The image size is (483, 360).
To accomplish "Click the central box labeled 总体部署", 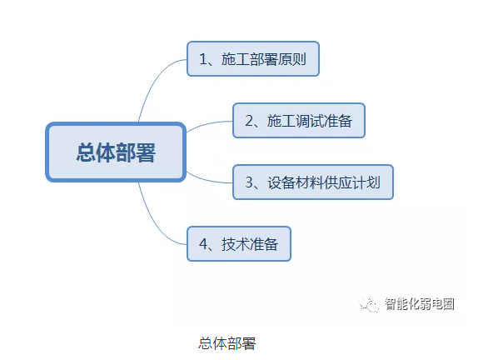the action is click(x=116, y=152).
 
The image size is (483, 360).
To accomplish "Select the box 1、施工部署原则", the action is click(x=253, y=59).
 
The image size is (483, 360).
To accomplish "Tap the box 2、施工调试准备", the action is click(x=299, y=121).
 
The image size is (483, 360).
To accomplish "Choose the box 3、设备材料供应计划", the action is click(x=313, y=182).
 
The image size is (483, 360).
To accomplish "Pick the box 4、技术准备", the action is click(x=239, y=244).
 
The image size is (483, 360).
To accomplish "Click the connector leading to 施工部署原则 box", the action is click(x=153, y=81).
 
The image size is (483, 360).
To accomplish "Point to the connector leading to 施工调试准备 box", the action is click(x=208, y=123).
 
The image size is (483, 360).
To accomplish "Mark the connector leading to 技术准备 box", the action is click(x=153, y=222).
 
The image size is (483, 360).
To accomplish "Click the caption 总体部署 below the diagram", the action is click(x=227, y=343).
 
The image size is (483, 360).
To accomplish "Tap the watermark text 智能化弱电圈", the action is click(x=419, y=304).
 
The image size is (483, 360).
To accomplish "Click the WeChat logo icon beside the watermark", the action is click(x=369, y=304).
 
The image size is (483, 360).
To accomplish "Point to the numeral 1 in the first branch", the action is click(x=202, y=59).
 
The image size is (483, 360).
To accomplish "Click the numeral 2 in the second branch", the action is click(x=249, y=121).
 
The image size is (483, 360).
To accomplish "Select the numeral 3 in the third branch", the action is click(x=249, y=182).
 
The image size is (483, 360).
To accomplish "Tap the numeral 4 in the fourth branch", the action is click(x=203, y=244).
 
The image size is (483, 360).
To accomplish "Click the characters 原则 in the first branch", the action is click(x=292, y=59).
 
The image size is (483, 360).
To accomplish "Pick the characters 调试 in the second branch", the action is click(x=310, y=121).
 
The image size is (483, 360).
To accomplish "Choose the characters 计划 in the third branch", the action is click(x=366, y=182).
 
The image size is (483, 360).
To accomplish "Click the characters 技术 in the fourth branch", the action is click(x=236, y=244).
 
